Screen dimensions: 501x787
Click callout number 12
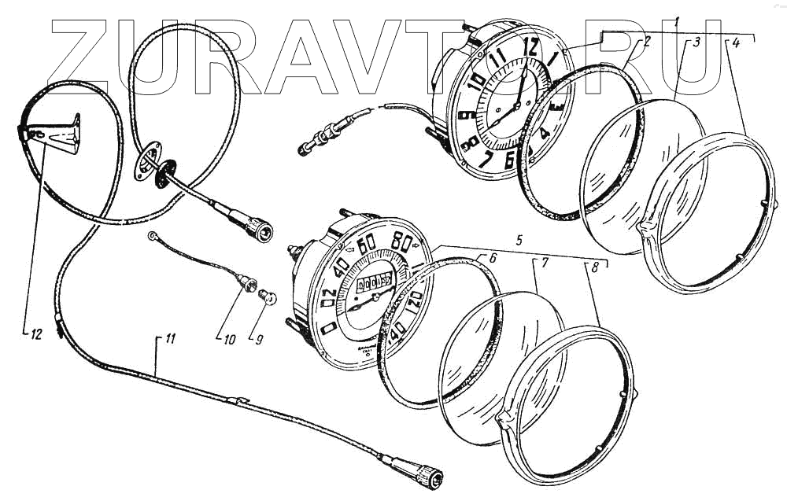[34, 333]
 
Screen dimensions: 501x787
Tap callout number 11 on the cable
[169, 339]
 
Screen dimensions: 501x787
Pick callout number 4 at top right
[734, 44]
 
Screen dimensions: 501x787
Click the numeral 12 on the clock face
[532, 48]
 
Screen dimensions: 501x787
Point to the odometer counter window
[376, 282]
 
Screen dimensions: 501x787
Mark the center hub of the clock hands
[516, 105]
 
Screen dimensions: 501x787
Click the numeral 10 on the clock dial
[475, 81]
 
